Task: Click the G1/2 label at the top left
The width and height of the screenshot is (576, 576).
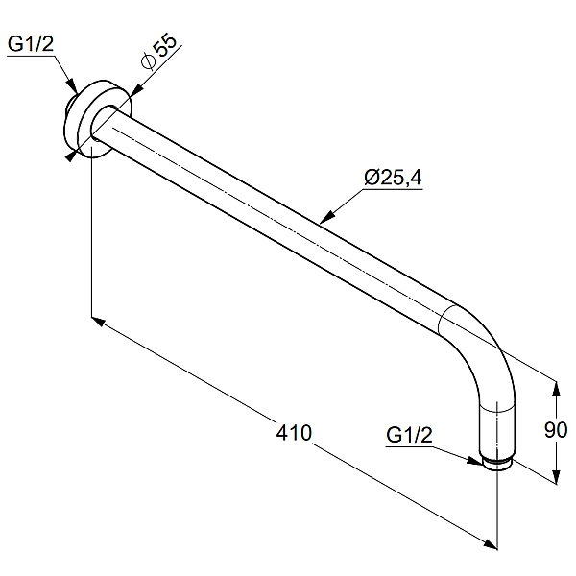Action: point(31,44)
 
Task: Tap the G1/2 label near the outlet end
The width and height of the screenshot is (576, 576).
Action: point(409,436)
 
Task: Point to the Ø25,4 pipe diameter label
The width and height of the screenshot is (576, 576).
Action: point(393,178)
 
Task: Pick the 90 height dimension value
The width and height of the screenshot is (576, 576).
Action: point(556,430)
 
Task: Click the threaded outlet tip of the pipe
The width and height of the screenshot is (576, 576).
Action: point(497,464)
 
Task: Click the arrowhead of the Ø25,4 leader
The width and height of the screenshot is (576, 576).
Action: point(327,217)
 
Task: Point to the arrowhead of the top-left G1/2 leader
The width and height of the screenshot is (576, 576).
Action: point(72,85)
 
